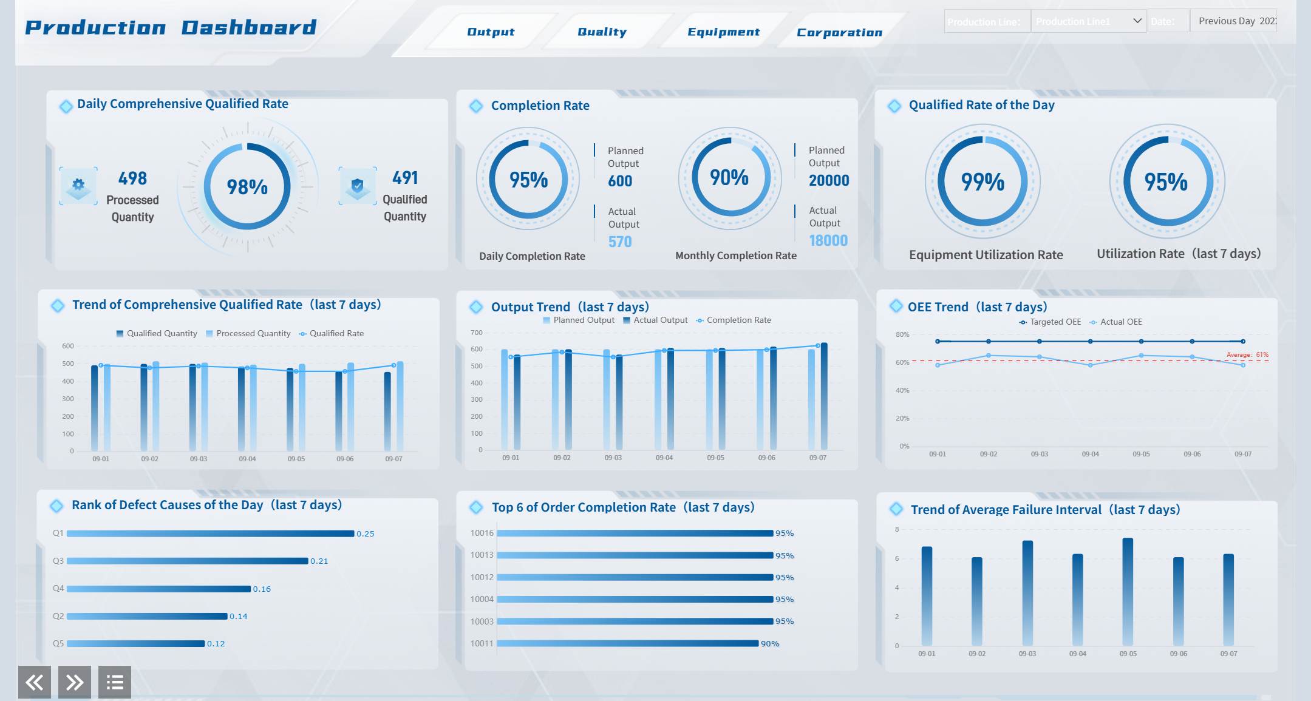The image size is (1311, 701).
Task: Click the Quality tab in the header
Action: point(602,32)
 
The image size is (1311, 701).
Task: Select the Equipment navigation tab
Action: point(723,32)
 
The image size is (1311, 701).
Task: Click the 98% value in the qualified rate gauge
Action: point(247,187)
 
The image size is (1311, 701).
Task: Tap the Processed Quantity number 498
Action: point(132,178)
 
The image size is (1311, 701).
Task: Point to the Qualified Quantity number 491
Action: point(405,178)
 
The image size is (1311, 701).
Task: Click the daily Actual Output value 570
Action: point(620,242)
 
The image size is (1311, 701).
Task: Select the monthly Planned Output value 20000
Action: point(829,180)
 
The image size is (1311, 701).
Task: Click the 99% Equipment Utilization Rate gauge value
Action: point(982,182)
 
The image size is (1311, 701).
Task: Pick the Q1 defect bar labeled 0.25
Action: point(210,533)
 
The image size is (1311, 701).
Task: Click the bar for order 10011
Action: point(628,643)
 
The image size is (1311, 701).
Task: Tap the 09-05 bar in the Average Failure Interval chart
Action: point(1128,592)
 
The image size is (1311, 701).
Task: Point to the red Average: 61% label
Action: point(1247,354)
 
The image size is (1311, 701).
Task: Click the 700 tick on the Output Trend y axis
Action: point(477,333)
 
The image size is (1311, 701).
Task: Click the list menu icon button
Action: point(115,682)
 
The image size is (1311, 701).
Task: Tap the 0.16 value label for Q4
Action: point(262,589)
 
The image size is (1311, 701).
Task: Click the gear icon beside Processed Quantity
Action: point(78,185)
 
